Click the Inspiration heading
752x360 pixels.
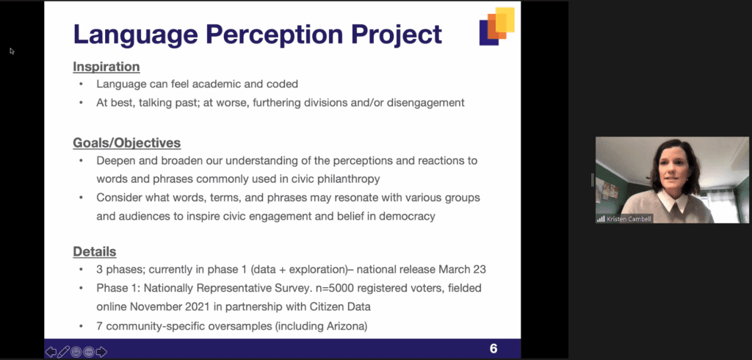[106, 67]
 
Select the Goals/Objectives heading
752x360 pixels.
[126, 143]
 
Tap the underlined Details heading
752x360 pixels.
[95, 251]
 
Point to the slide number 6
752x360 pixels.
[493, 348]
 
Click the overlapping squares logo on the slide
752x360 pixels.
[497, 26]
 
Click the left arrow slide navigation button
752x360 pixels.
[51, 352]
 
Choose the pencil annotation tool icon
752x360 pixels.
[63, 352]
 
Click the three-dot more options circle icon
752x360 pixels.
[89, 352]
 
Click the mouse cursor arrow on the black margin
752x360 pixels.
[12, 51]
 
